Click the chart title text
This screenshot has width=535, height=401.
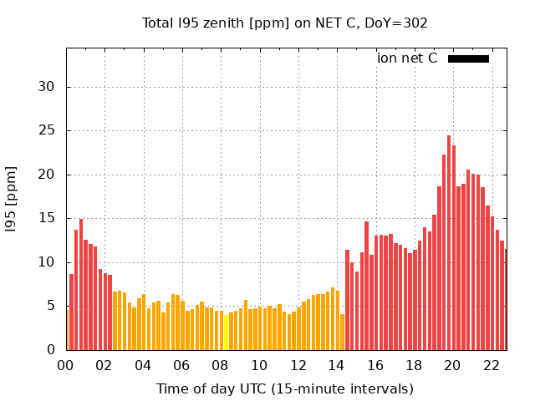pos(285,23)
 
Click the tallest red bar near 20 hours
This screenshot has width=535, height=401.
pos(449,242)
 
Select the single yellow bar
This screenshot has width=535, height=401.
pos(226,332)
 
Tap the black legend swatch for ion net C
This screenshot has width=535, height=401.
pos(468,58)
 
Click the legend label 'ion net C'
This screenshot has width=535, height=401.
pos(407,58)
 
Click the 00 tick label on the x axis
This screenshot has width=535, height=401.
pos(66,365)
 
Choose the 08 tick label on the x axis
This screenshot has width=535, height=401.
pos(221,365)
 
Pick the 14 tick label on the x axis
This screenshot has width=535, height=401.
pos(337,365)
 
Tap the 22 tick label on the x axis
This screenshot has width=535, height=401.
pos(492,365)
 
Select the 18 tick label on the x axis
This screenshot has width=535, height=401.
pos(414,365)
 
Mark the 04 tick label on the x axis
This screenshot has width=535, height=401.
pos(143,365)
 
